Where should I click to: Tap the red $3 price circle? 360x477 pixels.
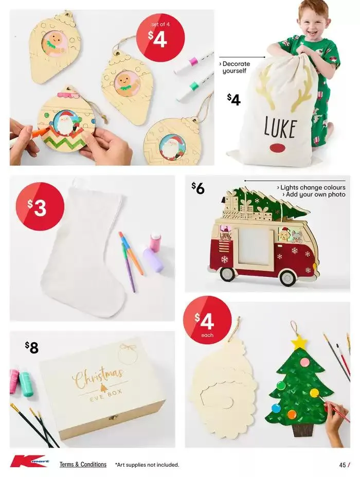pyautogui.click(x=40, y=206)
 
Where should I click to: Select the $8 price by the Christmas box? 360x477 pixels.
pyautogui.click(x=32, y=348)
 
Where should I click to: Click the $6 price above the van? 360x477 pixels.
pyautogui.click(x=198, y=188)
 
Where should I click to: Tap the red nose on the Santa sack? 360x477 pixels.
pyautogui.click(x=278, y=148)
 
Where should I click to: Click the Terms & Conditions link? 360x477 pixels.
pyautogui.click(x=83, y=464)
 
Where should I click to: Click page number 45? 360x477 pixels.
pyautogui.click(x=343, y=465)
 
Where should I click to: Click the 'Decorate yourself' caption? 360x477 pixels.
pyautogui.click(x=236, y=67)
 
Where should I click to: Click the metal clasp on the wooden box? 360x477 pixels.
pyautogui.click(x=113, y=417)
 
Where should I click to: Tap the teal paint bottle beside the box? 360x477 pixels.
pyautogui.click(x=26, y=383)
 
